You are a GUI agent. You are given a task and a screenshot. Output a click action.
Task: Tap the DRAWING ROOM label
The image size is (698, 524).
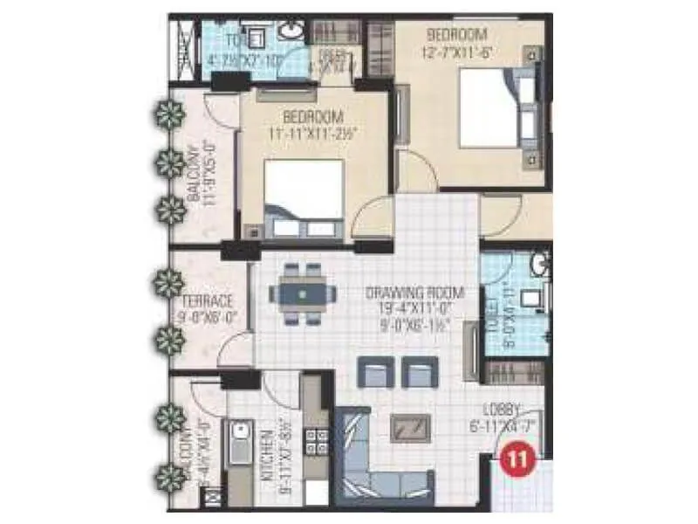tap(414, 292)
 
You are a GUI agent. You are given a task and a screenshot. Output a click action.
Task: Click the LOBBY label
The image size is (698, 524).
tap(504, 408)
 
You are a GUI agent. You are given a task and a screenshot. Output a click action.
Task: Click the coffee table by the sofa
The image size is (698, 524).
tap(411, 427)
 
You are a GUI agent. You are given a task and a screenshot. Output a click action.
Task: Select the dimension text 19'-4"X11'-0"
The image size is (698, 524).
tap(414, 307)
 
